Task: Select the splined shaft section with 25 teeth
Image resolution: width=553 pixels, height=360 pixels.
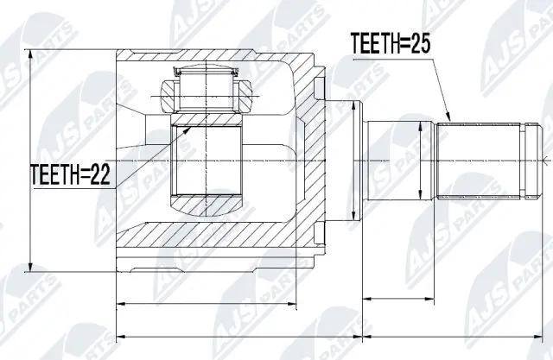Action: (x=480, y=161)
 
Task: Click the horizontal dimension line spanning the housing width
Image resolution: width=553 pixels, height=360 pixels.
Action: (x=207, y=304)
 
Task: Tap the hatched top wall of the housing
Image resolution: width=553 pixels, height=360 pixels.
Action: (x=216, y=60)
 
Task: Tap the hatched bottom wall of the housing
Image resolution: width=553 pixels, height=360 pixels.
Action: (x=216, y=244)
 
